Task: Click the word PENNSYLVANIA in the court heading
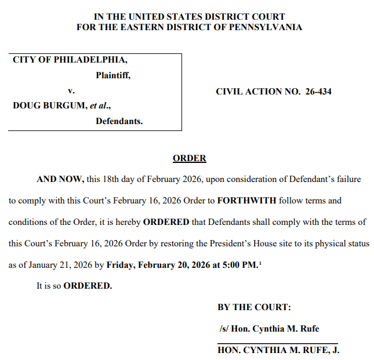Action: [x=268, y=27]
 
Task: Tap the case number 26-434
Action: [x=318, y=92]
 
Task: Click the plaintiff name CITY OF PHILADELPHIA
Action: [x=70, y=60]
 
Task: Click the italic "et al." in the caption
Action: [x=99, y=106]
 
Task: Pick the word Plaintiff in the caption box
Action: [x=112, y=75]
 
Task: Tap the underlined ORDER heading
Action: [x=189, y=158]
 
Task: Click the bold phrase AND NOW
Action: [x=60, y=179]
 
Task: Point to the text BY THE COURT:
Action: [x=254, y=307]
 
